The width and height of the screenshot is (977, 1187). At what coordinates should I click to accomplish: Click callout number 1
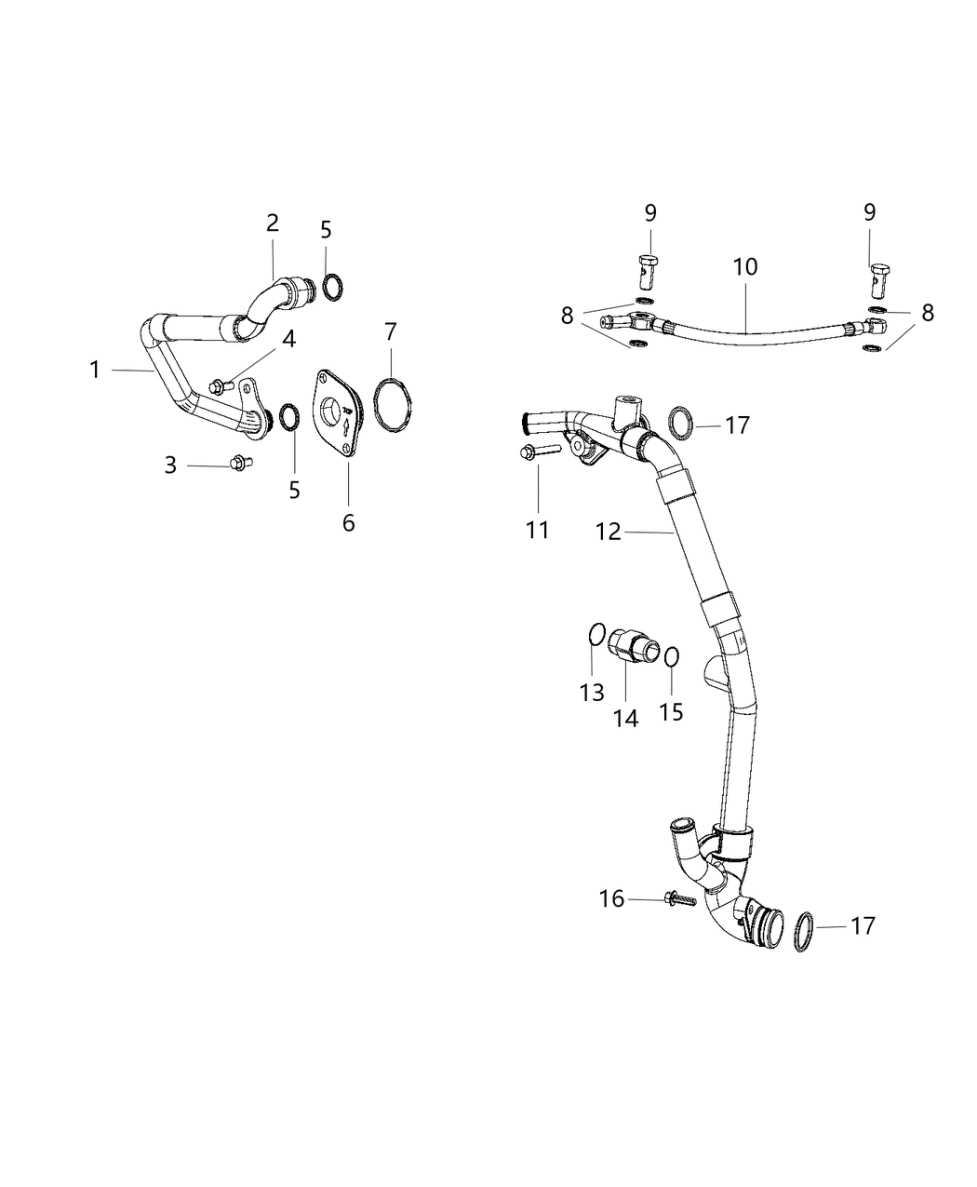pyautogui.click(x=95, y=371)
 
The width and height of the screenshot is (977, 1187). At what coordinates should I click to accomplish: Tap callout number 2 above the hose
pyautogui.click(x=272, y=223)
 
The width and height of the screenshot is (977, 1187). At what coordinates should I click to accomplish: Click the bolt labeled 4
pyautogui.click(x=221, y=384)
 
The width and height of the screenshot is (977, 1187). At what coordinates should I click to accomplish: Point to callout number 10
pyautogui.click(x=745, y=267)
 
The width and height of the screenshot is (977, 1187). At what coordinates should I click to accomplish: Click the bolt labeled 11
pyautogui.click(x=536, y=452)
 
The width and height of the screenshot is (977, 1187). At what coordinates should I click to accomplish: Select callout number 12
pyautogui.click(x=608, y=532)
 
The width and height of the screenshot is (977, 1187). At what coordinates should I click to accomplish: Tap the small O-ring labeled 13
pyautogui.click(x=597, y=635)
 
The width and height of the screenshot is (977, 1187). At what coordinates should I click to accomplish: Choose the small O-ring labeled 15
pyautogui.click(x=672, y=657)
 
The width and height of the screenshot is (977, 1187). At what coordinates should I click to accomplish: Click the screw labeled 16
pyautogui.click(x=681, y=900)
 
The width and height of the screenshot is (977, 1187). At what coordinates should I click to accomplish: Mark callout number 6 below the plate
pyautogui.click(x=348, y=523)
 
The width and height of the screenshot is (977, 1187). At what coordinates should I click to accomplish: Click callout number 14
pyautogui.click(x=625, y=718)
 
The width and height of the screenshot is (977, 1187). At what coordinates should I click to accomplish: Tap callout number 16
pyautogui.click(x=611, y=898)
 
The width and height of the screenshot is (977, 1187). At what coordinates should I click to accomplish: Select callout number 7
pyautogui.click(x=391, y=330)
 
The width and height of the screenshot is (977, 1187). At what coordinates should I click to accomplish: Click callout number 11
pyautogui.click(x=538, y=530)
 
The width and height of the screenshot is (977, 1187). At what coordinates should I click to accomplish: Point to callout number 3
pyautogui.click(x=170, y=465)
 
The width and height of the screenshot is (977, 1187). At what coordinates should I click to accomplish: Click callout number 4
pyautogui.click(x=289, y=340)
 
